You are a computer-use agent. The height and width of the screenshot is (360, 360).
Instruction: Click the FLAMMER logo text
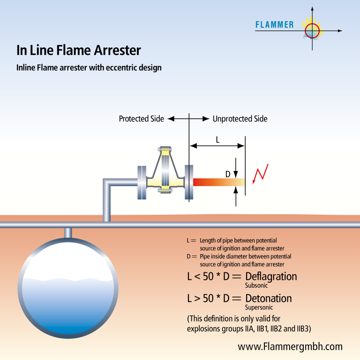pos(275,24)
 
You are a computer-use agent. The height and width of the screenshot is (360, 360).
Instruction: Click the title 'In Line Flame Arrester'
pos(79,50)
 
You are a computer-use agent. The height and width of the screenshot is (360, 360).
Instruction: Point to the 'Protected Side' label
pos(142,119)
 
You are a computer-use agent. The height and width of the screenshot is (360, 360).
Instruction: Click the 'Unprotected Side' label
pos(240,119)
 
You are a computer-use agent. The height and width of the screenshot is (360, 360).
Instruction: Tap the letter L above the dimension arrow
pos(217,139)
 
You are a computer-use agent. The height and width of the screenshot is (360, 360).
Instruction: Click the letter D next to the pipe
pos(228,174)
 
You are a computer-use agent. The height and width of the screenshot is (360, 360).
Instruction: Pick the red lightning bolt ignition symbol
pos(260,174)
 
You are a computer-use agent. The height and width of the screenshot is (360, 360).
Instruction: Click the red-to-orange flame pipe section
pos(219,182)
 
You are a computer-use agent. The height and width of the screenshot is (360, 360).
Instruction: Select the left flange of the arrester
pos(142,182)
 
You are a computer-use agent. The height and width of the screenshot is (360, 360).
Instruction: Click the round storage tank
pos(68,288)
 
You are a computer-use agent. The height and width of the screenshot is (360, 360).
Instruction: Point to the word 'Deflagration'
pos(271,277)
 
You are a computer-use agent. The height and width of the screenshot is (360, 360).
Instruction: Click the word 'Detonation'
pos(269,298)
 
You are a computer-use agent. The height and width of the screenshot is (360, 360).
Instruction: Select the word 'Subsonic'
pos(256,285)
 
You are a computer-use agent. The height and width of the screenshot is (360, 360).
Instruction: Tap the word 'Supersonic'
pos(259,307)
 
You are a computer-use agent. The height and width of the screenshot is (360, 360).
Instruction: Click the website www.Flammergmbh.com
pos(290,346)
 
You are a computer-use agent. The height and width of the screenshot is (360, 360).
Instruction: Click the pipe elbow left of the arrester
pos(107,182)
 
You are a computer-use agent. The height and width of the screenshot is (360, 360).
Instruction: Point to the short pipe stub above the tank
pos(67,233)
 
